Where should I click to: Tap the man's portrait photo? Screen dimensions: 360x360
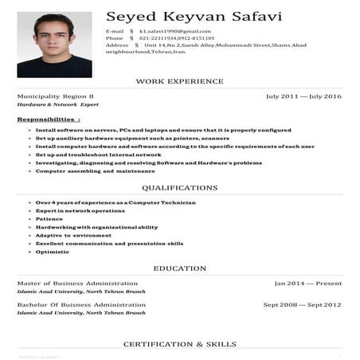click(54, 45)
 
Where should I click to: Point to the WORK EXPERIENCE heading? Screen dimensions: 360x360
click(179, 81)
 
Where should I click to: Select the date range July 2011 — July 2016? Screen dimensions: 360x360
click(303, 96)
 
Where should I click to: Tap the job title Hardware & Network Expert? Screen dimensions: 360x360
click(58, 105)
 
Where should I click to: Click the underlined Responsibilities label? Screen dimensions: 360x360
click(49, 119)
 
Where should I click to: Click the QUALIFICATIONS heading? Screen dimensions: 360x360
click(179, 188)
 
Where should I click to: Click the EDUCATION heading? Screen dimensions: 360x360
click(179, 268)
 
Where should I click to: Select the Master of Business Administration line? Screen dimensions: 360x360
click(77, 284)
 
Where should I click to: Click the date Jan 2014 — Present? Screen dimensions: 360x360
click(307, 284)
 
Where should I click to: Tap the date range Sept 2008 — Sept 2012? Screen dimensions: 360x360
click(302, 304)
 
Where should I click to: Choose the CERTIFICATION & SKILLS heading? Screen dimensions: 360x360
click(179, 344)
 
